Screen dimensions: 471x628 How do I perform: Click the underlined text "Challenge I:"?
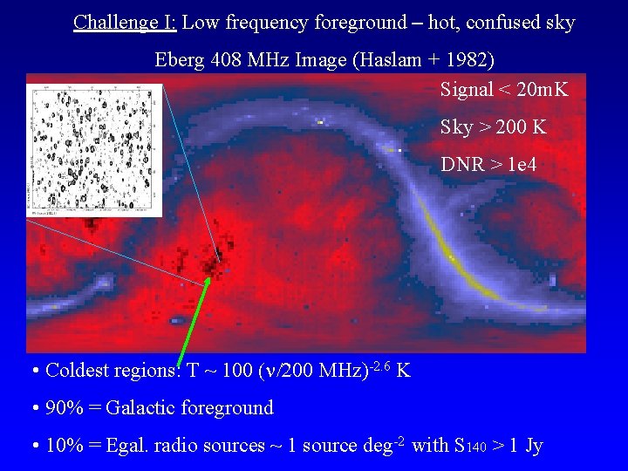coord(125,23)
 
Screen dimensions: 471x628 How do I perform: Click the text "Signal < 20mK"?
coord(503,90)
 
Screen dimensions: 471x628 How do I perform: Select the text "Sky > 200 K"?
coord(493,127)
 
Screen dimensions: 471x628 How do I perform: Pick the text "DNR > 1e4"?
coord(488,164)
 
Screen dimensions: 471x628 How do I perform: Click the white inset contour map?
coord(95,149)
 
